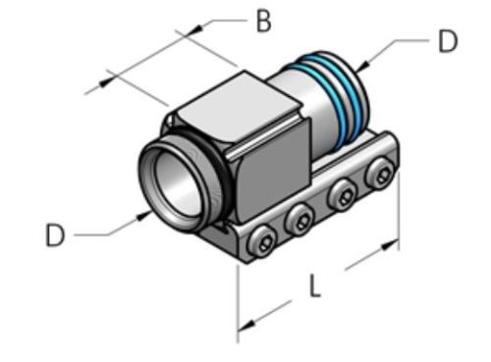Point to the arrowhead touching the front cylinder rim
[x=143, y=213]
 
